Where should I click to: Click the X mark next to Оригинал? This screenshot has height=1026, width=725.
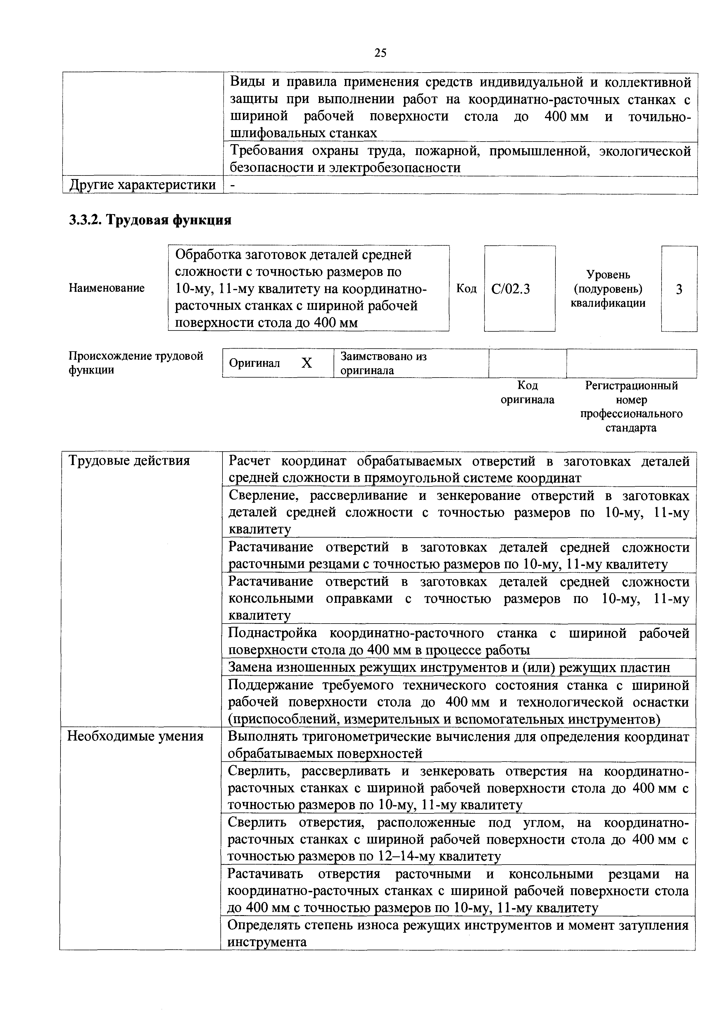(x=306, y=363)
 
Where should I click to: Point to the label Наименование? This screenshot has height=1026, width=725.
(x=106, y=288)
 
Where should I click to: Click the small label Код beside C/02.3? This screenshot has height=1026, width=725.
(x=466, y=289)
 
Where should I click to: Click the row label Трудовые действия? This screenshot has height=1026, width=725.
(x=129, y=461)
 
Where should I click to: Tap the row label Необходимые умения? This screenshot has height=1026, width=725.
(x=135, y=736)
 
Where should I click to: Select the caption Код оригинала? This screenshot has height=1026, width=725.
(x=527, y=392)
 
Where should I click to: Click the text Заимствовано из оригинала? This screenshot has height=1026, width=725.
(x=383, y=363)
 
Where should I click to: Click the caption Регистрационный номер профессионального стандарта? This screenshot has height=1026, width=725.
(x=631, y=406)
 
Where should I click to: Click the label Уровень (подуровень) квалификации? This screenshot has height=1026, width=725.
(x=608, y=289)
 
